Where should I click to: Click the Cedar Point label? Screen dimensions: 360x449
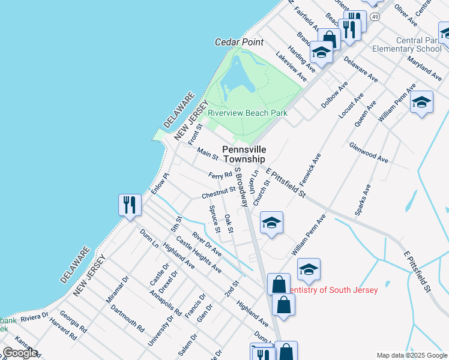click(x=240, y=42)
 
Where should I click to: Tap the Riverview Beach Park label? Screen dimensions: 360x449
click(x=247, y=113)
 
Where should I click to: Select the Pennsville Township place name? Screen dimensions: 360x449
click(x=244, y=154)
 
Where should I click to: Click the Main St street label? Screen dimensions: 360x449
click(x=208, y=154)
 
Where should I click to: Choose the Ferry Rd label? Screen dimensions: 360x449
click(x=220, y=176)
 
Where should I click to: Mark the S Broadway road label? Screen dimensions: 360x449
click(x=241, y=187)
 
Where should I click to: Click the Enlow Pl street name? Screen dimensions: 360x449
click(x=161, y=182)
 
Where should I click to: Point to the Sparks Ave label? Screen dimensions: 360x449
click(x=363, y=200)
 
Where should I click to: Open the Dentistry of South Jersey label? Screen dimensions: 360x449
click(x=333, y=290)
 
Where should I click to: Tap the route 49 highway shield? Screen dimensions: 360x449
click(x=375, y=2)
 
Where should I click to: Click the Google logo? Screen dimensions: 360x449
click(x=20, y=353)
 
